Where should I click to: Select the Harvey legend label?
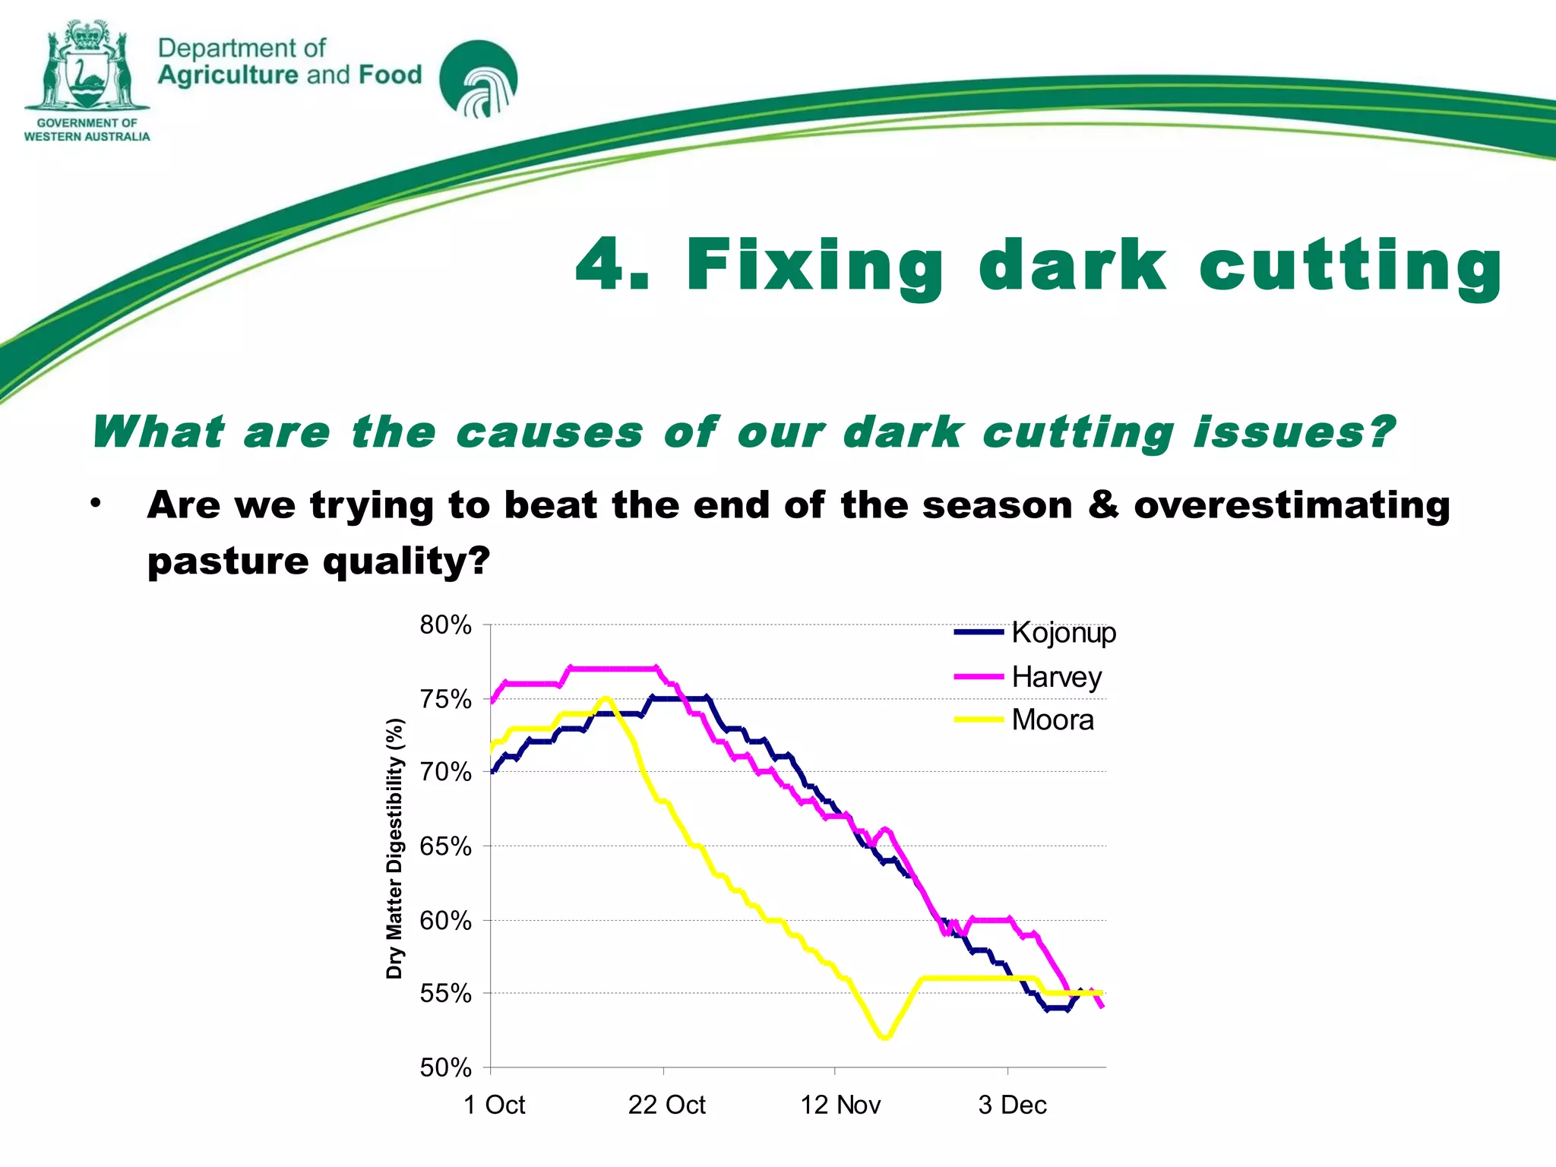(1056, 676)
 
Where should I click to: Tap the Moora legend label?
(1052, 719)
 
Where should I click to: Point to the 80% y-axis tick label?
(445, 625)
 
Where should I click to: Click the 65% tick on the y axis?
(445, 846)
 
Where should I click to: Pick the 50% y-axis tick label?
(445, 1067)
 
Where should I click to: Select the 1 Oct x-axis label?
(494, 1105)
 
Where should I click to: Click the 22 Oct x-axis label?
(666, 1105)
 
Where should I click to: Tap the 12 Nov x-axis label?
(840, 1105)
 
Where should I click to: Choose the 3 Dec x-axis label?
(1012, 1105)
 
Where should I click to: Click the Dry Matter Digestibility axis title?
(394, 848)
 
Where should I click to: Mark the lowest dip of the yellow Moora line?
(884, 1037)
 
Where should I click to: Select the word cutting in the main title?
(1350, 266)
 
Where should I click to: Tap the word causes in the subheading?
(549, 432)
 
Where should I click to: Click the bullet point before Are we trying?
(95, 503)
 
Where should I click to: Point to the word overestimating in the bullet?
(1292, 505)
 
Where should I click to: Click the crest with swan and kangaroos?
(86, 67)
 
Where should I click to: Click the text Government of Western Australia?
(87, 130)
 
